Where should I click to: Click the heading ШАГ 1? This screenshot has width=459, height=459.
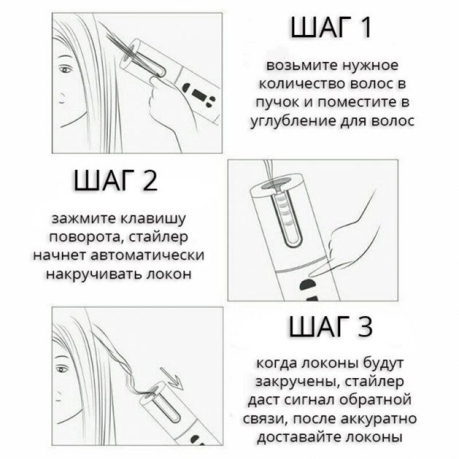(x=330, y=27)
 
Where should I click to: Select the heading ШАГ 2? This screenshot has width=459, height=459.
(x=116, y=180)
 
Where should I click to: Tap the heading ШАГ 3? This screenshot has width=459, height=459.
(x=331, y=326)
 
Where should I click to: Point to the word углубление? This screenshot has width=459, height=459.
(x=293, y=120)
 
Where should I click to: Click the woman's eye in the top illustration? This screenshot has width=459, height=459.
(x=65, y=69)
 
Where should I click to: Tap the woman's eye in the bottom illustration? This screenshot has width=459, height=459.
(x=61, y=369)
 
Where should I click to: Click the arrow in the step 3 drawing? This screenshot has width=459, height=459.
(x=172, y=378)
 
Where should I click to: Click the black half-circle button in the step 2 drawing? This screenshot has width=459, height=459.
(x=308, y=284)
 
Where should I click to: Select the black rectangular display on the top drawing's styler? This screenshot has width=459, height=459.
(x=200, y=94)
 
